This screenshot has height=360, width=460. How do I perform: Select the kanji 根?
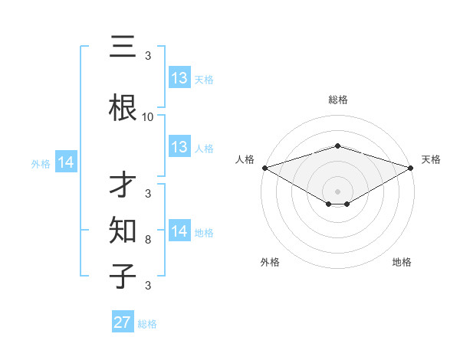click(123, 110)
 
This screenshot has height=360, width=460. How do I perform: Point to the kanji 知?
click(123, 229)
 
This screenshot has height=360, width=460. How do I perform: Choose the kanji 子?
click(123, 274)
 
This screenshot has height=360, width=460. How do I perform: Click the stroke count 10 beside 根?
click(148, 117)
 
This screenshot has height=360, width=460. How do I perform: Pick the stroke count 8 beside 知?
click(148, 241)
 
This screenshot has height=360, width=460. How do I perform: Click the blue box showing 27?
click(123, 322)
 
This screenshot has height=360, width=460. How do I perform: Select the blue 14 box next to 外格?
click(66, 163)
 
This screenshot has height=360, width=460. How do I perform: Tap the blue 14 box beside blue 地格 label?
click(179, 232)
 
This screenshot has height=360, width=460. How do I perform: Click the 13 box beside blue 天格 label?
click(179, 78)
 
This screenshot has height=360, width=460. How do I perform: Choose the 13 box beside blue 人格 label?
click(179, 147)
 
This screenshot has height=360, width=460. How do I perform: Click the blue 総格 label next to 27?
click(147, 324)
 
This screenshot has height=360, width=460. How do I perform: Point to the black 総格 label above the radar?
click(338, 100)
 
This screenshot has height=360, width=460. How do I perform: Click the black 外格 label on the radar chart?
click(270, 262)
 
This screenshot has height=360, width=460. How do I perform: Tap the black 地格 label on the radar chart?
click(402, 262)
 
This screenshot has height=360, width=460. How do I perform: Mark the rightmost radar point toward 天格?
click(412, 168)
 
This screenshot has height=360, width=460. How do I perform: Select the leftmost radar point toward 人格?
click(264, 168)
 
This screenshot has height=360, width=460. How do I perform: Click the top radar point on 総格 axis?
click(338, 146)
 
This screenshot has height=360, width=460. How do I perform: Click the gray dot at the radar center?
click(338, 191)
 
